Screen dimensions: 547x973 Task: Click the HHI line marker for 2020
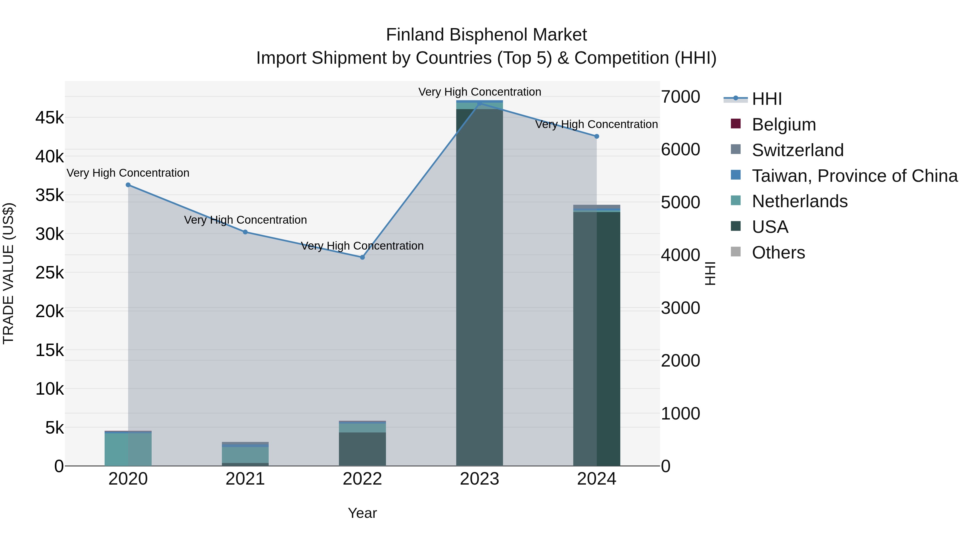click(128, 185)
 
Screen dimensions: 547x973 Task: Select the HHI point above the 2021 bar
click(245, 232)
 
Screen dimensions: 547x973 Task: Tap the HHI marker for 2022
click(362, 257)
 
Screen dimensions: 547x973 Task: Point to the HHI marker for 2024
click(597, 136)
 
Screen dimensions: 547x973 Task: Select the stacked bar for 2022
click(362, 444)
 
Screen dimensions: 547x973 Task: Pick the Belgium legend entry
click(784, 125)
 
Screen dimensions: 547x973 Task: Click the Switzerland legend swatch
click(736, 149)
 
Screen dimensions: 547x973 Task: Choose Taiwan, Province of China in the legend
click(854, 176)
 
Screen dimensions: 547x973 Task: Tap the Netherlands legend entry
click(800, 201)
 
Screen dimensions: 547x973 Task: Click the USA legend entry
click(770, 227)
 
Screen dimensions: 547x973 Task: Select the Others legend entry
click(778, 253)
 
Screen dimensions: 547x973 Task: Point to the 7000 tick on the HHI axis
click(680, 97)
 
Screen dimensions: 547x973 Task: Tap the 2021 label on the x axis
click(245, 479)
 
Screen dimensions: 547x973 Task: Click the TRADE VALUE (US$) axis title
click(8, 273)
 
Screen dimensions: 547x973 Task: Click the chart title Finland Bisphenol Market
click(486, 35)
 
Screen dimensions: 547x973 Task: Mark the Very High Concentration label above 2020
click(128, 173)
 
